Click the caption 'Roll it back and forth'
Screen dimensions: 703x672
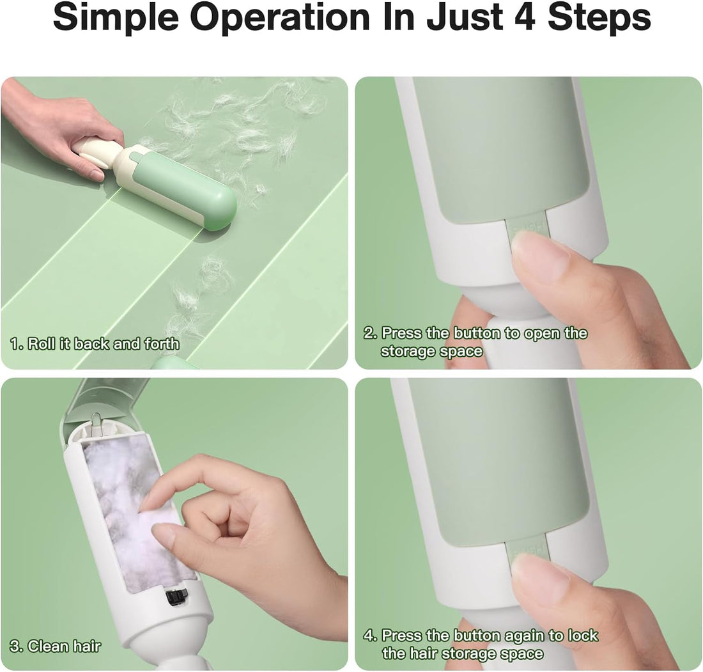click(103, 344)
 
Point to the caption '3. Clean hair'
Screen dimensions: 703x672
click(55, 646)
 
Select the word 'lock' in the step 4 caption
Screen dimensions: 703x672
click(583, 636)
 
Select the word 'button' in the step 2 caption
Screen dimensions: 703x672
click(476, 333)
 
